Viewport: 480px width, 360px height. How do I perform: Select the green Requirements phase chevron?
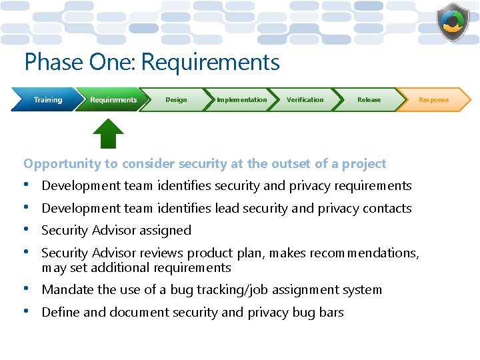(112, 100)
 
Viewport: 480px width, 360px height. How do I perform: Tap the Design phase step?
(176, 100)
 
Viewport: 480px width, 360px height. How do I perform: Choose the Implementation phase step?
(241, 100)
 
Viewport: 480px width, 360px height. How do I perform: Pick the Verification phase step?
(305, 100)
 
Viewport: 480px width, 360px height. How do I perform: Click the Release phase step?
(369, 100)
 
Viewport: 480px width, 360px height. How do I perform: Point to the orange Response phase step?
(433, 100)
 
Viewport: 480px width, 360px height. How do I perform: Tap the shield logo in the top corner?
(453, 22)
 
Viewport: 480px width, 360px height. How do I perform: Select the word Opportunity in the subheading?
(60, 164)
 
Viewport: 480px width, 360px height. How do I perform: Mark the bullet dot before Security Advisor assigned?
(27, 230)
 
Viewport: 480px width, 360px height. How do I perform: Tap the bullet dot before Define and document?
(27, 311)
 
